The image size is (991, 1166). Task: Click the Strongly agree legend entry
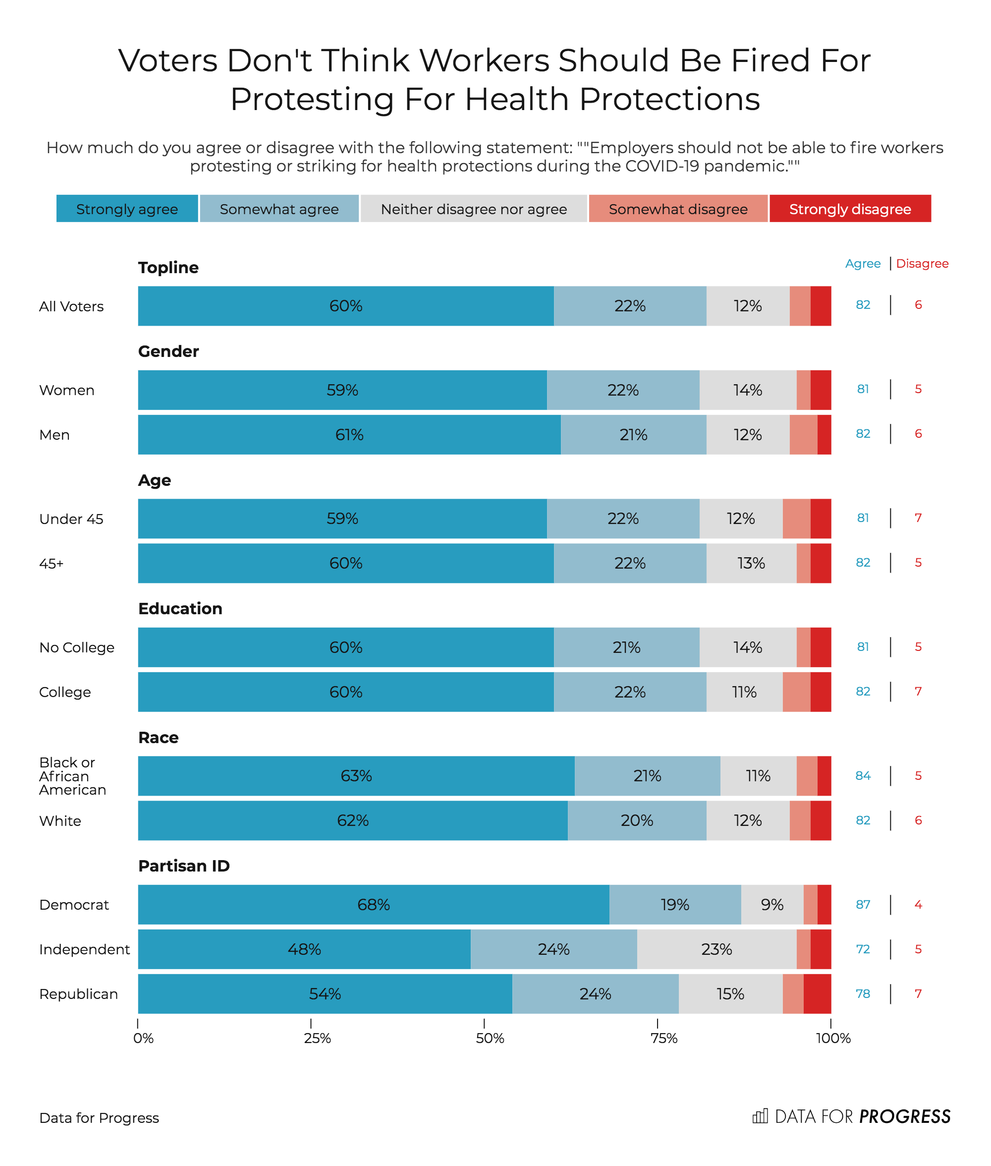click(x=127, y=209)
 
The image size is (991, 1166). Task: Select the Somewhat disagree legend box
click(x=677, y=209)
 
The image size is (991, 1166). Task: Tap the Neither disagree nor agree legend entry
click(x=474, y=209)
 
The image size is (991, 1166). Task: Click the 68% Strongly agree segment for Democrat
click(x=374, y=904)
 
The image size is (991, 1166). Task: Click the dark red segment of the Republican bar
click(x=817, y=993)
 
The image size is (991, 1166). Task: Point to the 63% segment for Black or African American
click(x=356, y=775)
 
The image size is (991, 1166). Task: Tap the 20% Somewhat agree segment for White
click(x=637, y=820)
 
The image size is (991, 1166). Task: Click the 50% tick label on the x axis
click(x=490, y=1038)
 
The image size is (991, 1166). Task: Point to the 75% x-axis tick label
click(x=663, y=1038)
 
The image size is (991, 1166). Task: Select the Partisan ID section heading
click(x=184, y=866)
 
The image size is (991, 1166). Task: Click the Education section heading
click(x=180, y=609)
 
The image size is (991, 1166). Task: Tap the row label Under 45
click(x=71, y=519)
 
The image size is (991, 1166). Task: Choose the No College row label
click(x=77, y=647)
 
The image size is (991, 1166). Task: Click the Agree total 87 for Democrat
click(x=863, y=904)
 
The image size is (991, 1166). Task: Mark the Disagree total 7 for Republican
click(x=918, y=993)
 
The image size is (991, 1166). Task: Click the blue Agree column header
click(x=863, y=264)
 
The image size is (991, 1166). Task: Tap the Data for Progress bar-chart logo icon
click(x=760, y=1116)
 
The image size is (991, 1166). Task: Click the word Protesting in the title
click(x=312, y=100)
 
